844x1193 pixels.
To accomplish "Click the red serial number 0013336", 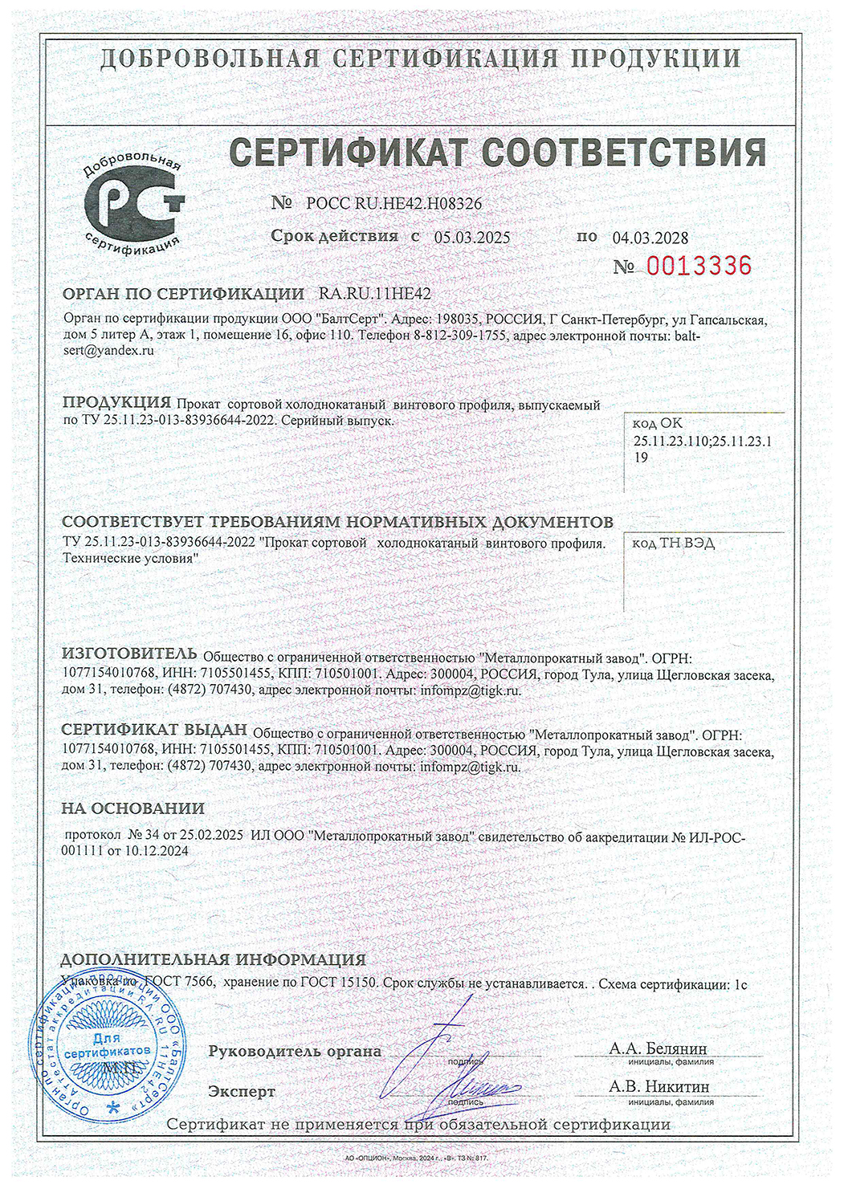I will [x=699, y=266].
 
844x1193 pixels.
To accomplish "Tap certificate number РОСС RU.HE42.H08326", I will [x=394, y=204].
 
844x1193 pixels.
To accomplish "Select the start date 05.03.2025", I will [x=472, y=237].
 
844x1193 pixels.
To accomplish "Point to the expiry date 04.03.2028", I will [x=650, y=238].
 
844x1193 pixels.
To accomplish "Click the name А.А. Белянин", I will [x=658, y=1048].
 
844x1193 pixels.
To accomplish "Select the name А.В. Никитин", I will [x=658, y=1086].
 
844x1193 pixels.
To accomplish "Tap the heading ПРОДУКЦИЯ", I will [x=116, y=402].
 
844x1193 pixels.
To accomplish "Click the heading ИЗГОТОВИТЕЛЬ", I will [x=129, y=652].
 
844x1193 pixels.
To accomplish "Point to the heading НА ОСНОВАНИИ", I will [x=133, y=808].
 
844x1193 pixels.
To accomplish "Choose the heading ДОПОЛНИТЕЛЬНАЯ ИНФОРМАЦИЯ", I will [x=214, y=959].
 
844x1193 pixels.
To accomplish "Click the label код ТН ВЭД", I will [x=673, y=544].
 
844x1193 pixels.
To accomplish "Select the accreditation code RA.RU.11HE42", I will [x=375, y=294].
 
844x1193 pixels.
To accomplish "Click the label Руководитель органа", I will [x=295, y=1051].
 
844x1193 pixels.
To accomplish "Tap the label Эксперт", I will [x=242, y=1092].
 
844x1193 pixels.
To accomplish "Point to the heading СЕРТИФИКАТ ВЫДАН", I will [x=154, y=730].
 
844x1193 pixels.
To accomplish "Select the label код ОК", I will [x=658, y=423].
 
